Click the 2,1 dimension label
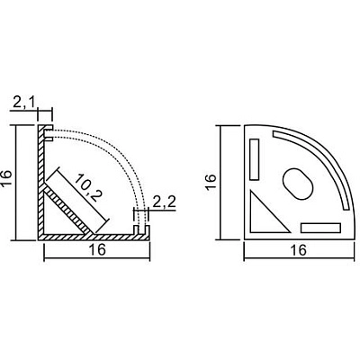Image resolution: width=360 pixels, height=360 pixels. pyautogui.click(x=24, y=103)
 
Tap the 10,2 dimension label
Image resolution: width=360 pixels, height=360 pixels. pyautogui.click(x=88, y=187)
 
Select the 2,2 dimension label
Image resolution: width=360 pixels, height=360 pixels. pyautogui.click(x=164, y=202)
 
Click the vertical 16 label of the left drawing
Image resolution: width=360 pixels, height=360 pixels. pyautogui.click(x=6, y=178)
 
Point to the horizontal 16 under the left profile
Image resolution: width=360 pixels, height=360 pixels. pyautogui.click(x=97, y=249)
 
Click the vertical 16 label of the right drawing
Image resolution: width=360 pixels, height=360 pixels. pyautogui.click(x=211, y=181)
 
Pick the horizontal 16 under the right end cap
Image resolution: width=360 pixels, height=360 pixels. pyautogui.click(x=299, y=250)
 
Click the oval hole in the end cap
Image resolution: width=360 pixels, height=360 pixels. pyautogui.click(x=298, y=184)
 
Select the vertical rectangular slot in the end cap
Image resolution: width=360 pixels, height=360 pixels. pyautogui.click(x=255, y=159)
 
